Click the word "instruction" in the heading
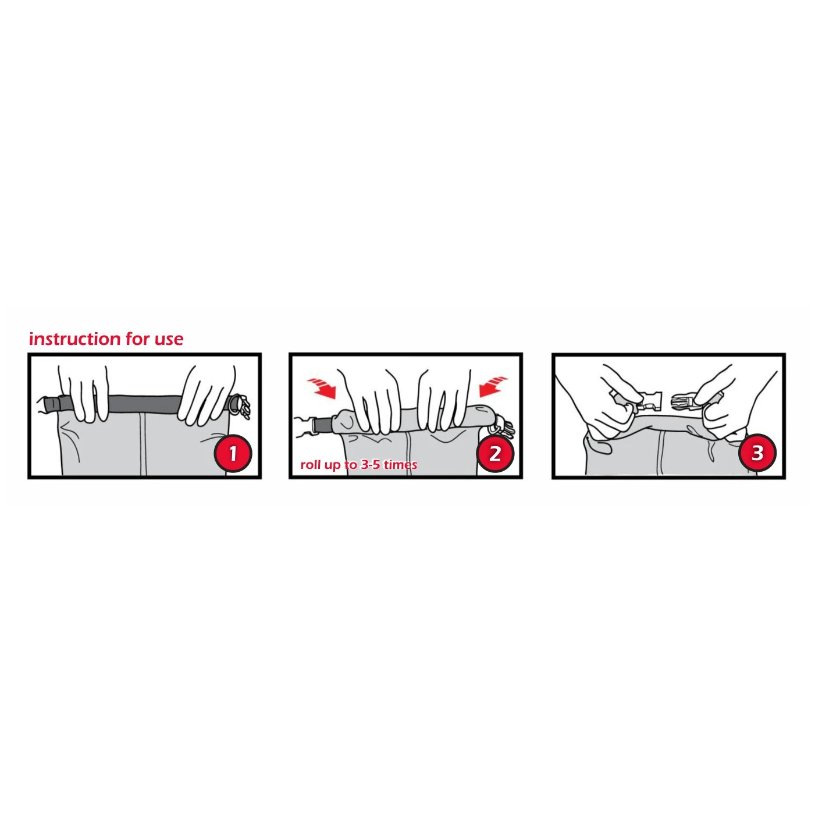click(x=74, y=339)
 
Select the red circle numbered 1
click(x=233, y=453)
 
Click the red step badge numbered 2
click(x=495, y=453)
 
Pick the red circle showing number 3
click(x=757, y=453)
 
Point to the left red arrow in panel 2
click(x=322, y=388)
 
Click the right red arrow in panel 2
click(x=493, y=386)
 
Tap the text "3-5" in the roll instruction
click(x=370, y=465)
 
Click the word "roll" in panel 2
click(x=309, y=465)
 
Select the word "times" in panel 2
click(x=401, y=465)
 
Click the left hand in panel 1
click(x=83, y=392)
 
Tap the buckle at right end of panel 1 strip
click(x=241, y=407)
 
